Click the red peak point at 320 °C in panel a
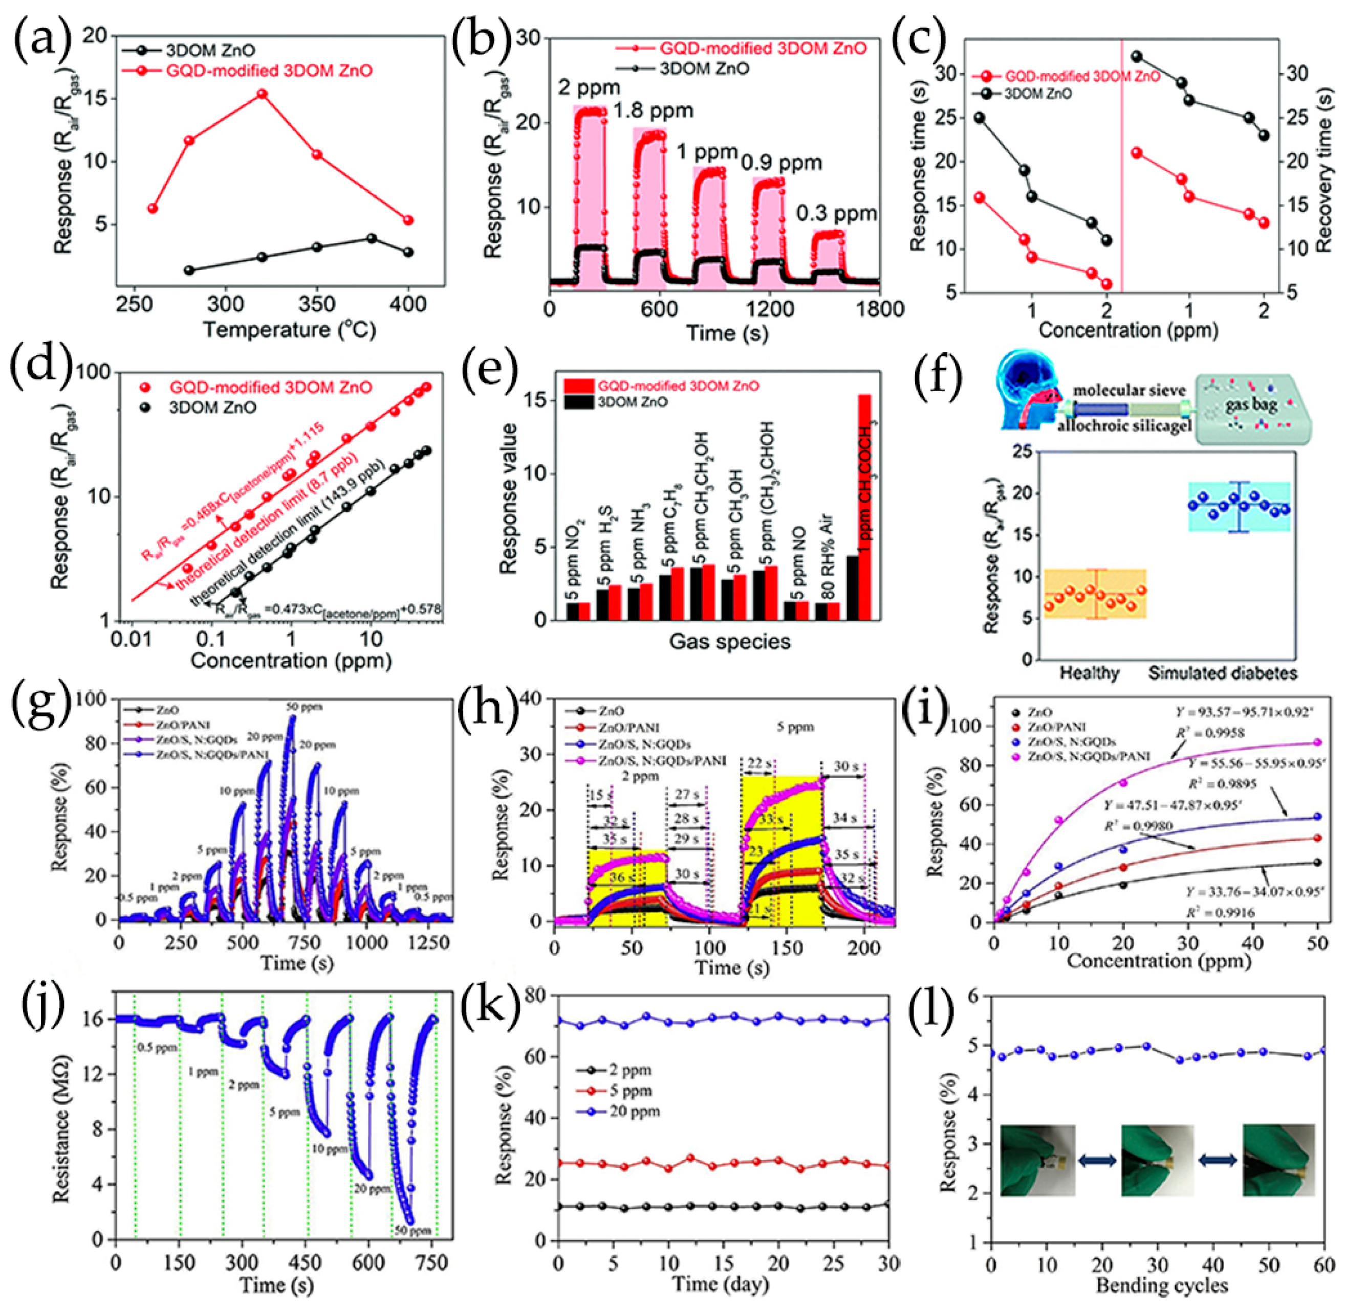tap(263, 94)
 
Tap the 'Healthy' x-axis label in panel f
tap(1089, 673)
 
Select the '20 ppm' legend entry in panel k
tap(634, 1111)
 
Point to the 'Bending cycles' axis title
tap(1161, 1285)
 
